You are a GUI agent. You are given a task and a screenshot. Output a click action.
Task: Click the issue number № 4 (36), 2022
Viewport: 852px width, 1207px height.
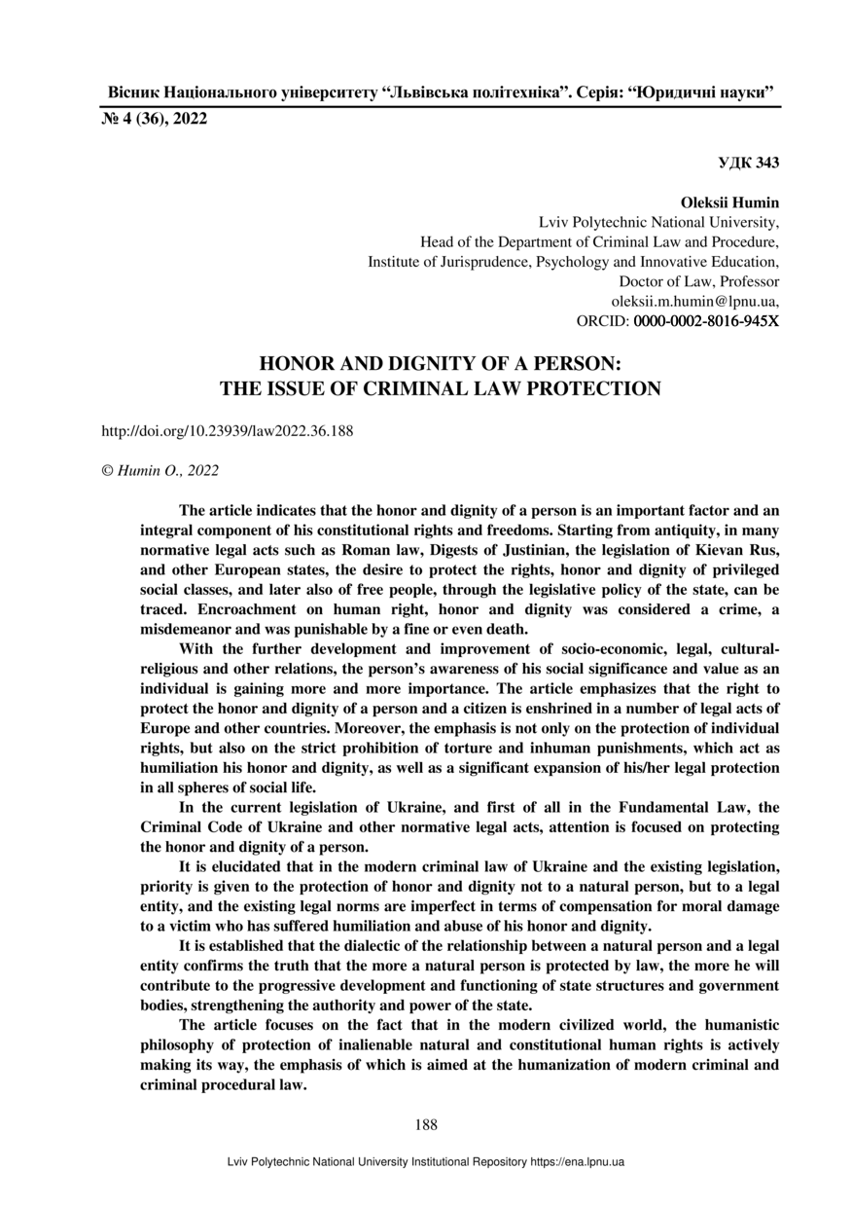pyautogui.click(x=155, y=121)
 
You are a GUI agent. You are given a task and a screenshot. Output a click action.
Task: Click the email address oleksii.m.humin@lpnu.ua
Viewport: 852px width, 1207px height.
pyautogui.click(x=693, y=301)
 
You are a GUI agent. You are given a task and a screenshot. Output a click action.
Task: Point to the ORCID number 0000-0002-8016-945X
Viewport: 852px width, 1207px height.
pyautogui.click(x=707, y=320)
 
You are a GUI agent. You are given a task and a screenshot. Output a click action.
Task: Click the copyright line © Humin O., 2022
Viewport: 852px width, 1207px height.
pyautogui.click(x=160, y=471)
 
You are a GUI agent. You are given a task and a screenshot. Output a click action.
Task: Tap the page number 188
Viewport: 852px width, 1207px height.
pyautogui.click(x=426, y=1125)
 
